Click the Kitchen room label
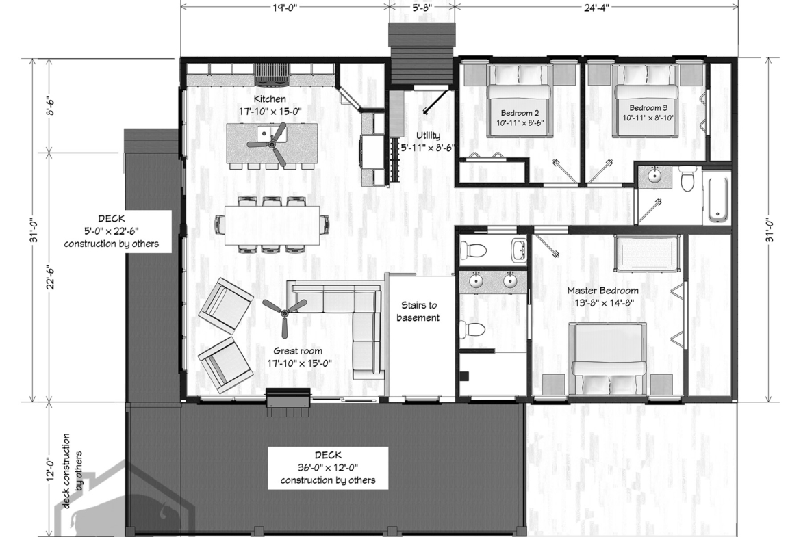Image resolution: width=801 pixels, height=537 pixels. (x=270, y=99)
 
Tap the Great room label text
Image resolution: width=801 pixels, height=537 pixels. (x=298, y=351)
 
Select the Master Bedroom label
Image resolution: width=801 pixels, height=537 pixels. (x=602, y=291)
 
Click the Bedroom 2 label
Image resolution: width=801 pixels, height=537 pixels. (x=520, y=113)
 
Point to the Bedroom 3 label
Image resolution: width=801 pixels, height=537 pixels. (x=648, y=107)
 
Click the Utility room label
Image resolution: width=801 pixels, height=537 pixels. (x=428, y=135)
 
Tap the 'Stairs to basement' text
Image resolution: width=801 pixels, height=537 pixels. (x=419, y=311)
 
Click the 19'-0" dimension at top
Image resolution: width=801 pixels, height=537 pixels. (x=284, y=7)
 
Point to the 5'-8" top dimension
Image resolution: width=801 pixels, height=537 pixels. (x=422, y=7)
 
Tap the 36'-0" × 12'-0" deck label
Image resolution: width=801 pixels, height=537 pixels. (x=328, y=468)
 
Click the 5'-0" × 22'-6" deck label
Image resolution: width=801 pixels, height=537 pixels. (x=112, y=231)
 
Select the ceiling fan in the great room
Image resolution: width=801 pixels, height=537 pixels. (x=284, y=310)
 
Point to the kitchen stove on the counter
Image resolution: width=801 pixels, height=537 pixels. (x=272, y=73)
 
